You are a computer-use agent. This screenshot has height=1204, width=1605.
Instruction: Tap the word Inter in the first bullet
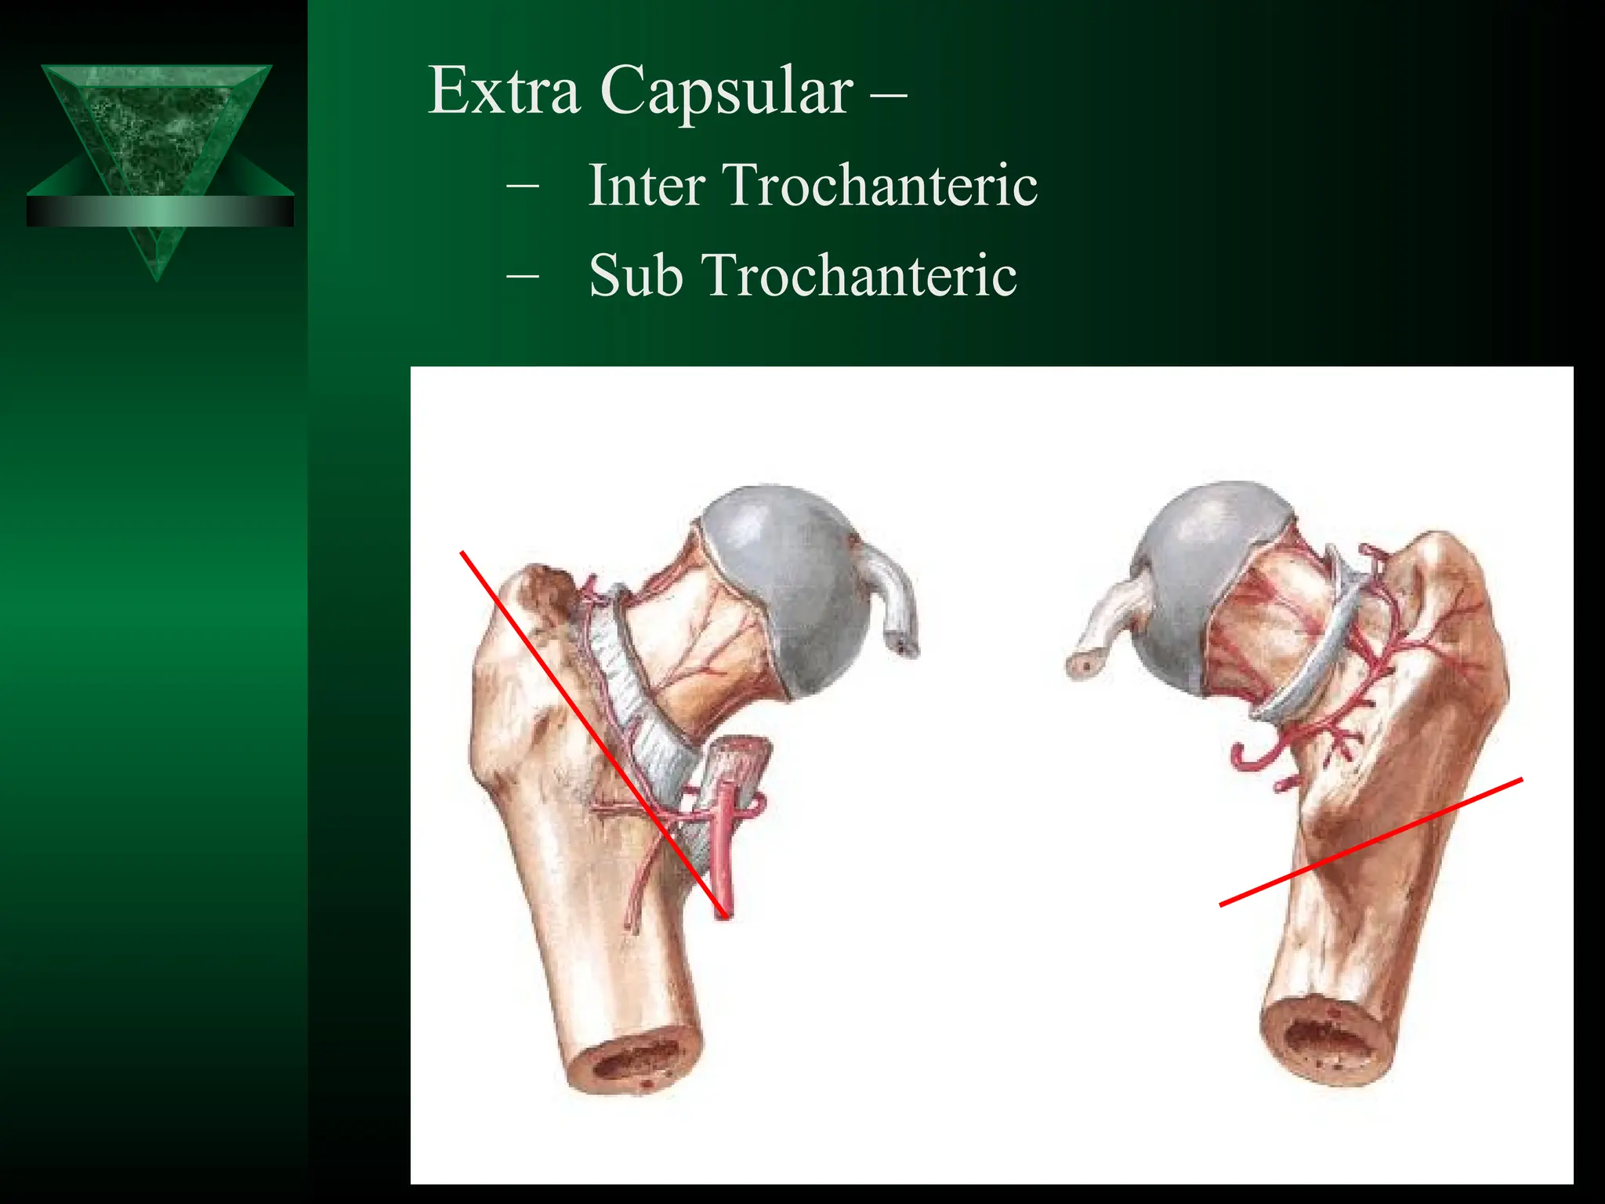pos(647,186)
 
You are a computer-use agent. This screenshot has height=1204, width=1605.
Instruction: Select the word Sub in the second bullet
pos(635,276)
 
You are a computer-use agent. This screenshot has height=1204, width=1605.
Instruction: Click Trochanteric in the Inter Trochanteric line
pos(881,186)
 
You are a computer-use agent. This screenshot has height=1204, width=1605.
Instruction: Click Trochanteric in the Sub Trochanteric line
pos(860,276)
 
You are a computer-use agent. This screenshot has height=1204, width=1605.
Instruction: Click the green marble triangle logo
pos(157,125)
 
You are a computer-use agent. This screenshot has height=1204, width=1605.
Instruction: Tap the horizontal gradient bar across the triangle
pos(160,211)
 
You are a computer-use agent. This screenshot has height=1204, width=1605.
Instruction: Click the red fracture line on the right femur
pos(1371,843)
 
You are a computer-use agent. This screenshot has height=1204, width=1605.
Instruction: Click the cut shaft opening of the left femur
pos(635,1066)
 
